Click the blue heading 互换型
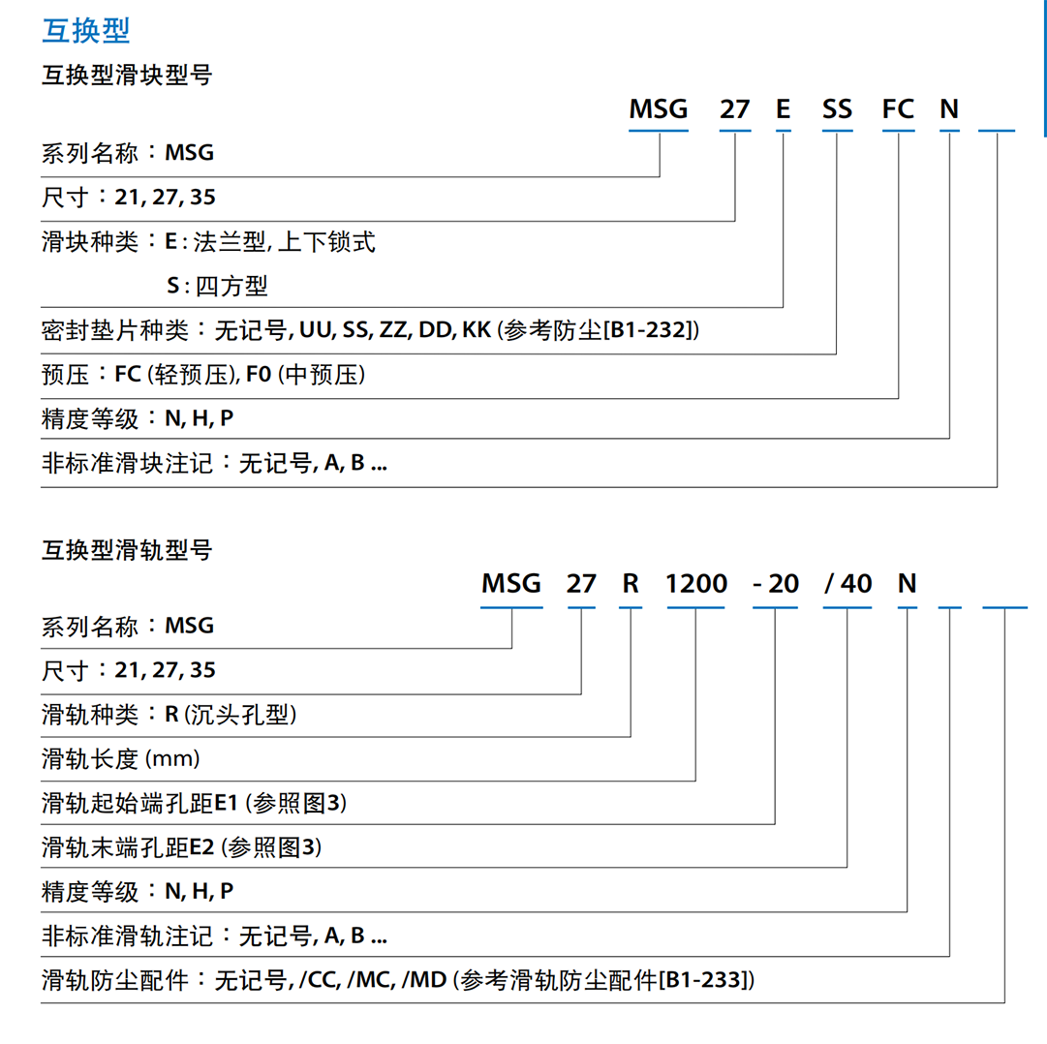(86, 31)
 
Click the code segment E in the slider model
(784, 108)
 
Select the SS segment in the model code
(838, 108)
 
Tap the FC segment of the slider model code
(898, 108)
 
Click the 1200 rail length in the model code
(696, 583)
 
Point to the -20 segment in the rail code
(776, 583)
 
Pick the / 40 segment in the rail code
(848, 583)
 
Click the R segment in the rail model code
(631, 583)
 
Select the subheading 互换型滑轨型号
(127, 550)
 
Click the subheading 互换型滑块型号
(127, 75)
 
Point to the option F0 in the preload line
(259, 375)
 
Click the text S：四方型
(217, 286)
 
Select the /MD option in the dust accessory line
(424, 980)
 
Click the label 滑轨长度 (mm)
(121, 759)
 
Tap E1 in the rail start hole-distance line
(226, 802)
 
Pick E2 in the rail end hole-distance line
(201, 847)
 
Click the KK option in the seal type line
(477, 329)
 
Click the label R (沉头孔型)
(231, 715)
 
